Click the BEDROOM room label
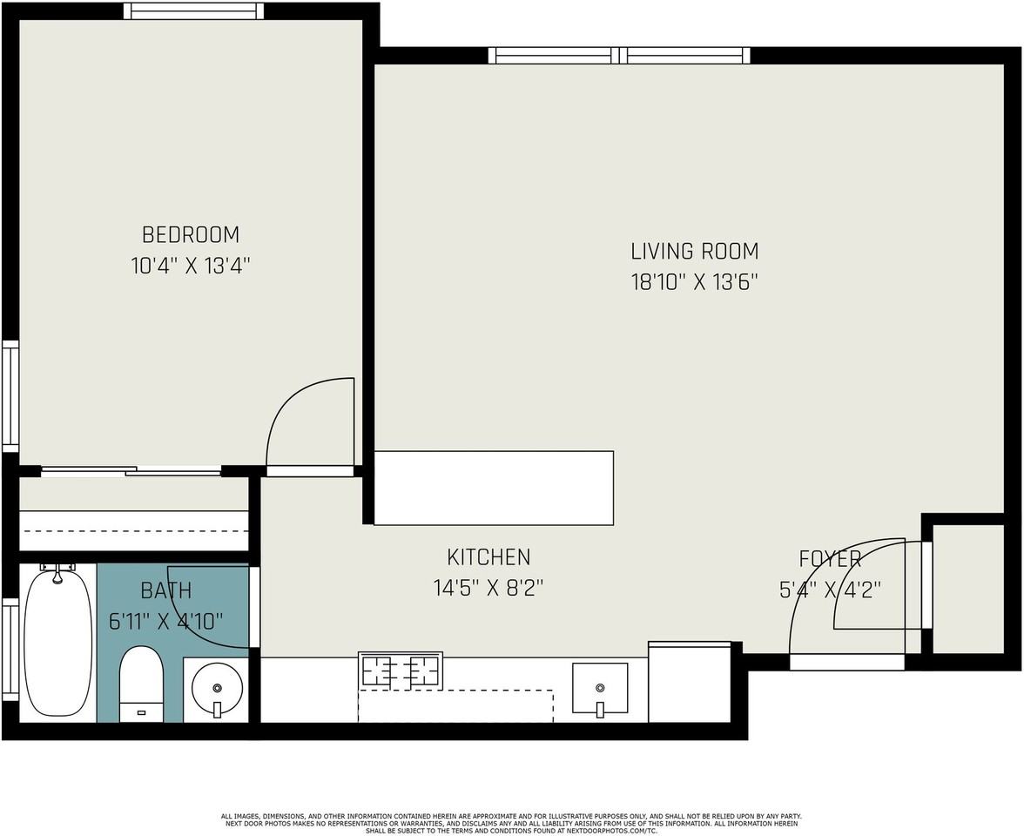[190, 235]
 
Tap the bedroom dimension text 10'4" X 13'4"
[190, 266]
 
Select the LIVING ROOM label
[694, 252]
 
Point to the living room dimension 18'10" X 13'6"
[694, 282]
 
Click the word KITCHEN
[488, 557]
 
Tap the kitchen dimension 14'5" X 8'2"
[488, 589]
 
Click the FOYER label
[830, 559]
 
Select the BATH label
[165, 591]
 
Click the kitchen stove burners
[401, 671]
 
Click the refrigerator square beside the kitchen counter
[690, 682]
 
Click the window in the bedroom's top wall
[193, 11]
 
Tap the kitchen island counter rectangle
[494, 488]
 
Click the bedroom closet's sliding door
[131, 471]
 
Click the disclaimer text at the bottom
[512, 823]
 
